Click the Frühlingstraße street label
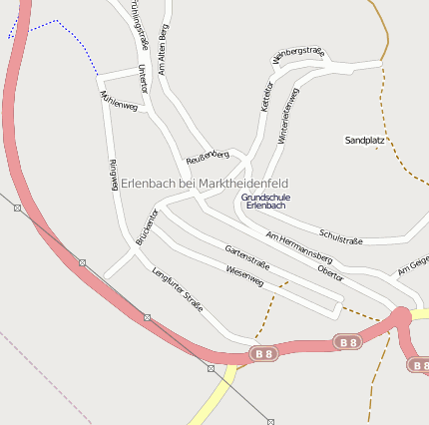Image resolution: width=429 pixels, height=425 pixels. [140, 24]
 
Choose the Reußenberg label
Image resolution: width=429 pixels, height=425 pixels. [208, 157]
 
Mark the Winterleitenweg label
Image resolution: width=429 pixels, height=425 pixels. [288, 112]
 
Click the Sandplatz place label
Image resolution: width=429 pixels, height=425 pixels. [364, 141]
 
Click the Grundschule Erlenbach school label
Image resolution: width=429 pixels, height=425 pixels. [265, 201]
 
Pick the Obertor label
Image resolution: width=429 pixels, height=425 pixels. [330, 271]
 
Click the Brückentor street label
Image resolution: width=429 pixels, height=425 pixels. [147, 226]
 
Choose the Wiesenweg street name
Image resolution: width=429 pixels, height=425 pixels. [244, 274]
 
